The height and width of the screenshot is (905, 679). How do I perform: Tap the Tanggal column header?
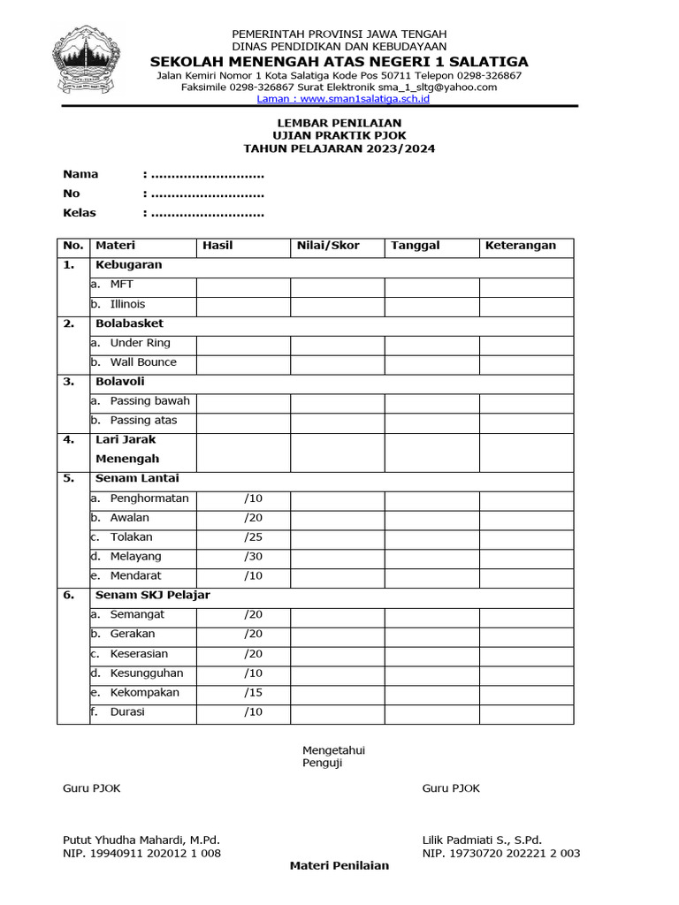[415, 246]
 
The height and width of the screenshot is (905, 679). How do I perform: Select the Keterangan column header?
[520, 246]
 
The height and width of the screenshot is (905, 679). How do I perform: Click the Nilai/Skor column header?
[328, 246]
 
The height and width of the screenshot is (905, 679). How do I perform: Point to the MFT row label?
[121, 285]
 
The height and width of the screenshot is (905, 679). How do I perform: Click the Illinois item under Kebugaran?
[127, 304]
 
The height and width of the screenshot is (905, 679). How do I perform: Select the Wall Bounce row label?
[142, 362]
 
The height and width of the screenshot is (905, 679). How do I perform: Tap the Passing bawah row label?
[149, 401]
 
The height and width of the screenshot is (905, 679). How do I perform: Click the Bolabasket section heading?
[129, 323]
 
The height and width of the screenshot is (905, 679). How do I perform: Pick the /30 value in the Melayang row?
[254, 557]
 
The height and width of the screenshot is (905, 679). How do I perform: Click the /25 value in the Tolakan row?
[254, 537]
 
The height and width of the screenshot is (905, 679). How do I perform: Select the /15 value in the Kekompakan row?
[254, 693]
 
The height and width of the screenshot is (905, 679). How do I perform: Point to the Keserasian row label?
[139, 654]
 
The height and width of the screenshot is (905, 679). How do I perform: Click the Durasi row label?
[127, 712]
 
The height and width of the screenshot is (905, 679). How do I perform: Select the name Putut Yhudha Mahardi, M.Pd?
[141, 840]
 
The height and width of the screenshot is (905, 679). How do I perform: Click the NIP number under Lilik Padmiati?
[500, 854]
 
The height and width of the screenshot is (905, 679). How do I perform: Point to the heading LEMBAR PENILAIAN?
[339, 123]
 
